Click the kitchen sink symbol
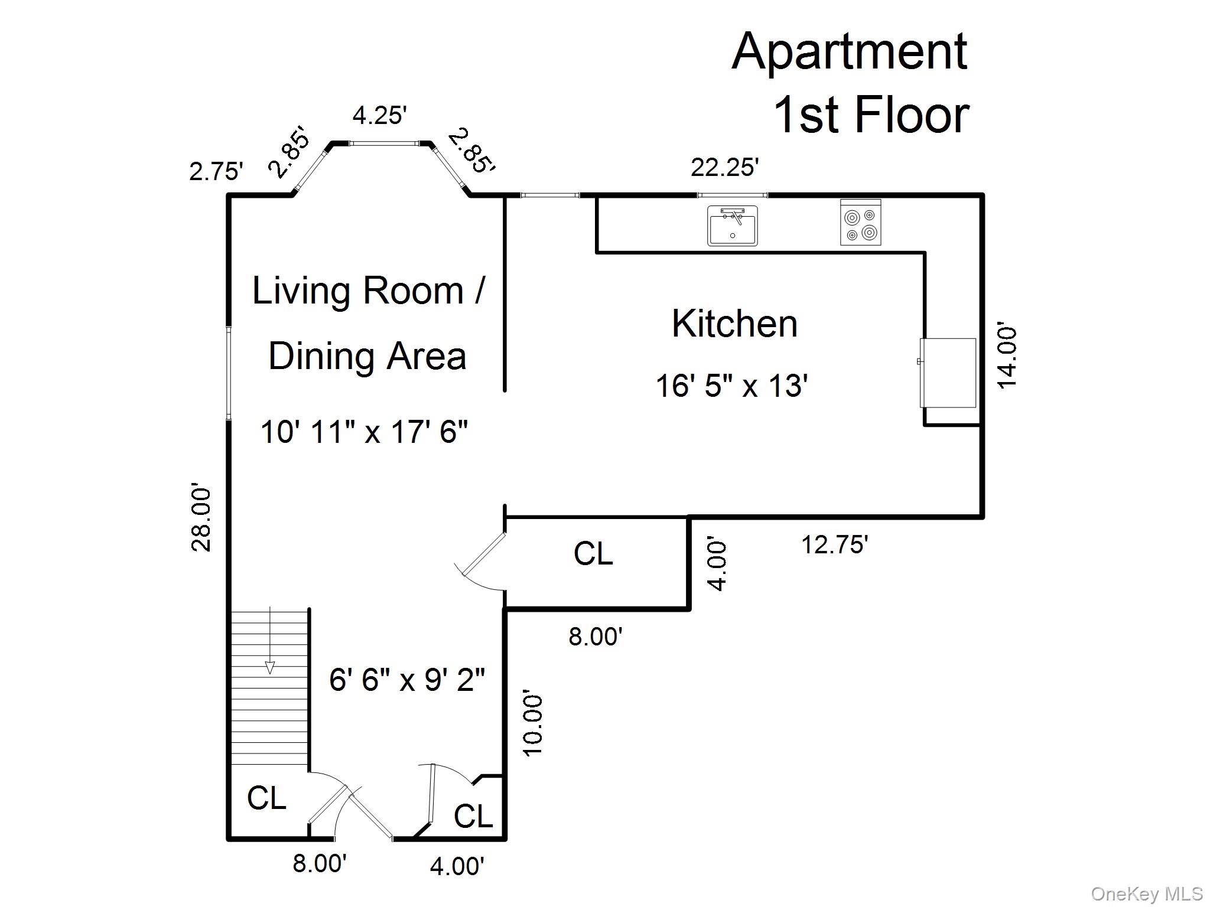tap(733, 226)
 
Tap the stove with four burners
tap(861, 222)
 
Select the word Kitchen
tap(734, 324)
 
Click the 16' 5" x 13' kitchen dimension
tap(731, 386)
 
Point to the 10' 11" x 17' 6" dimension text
tap(364, 432)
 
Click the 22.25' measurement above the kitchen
tap(724, 167)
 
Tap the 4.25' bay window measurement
tap(380, 115)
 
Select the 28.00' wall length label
tap(201, 519)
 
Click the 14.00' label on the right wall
tap(1007, 355)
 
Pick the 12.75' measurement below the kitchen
tap(834, 544)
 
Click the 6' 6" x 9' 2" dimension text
tap(407, 680)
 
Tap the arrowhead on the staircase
tap(270, 667)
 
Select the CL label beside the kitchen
tap(593, 554)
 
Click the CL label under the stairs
tap(266, 798)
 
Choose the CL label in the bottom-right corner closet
tap(473, 817)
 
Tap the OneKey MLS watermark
tap(1147, 894)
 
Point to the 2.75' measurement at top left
tap(216, 172)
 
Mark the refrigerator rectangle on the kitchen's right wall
tap(948, 373)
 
